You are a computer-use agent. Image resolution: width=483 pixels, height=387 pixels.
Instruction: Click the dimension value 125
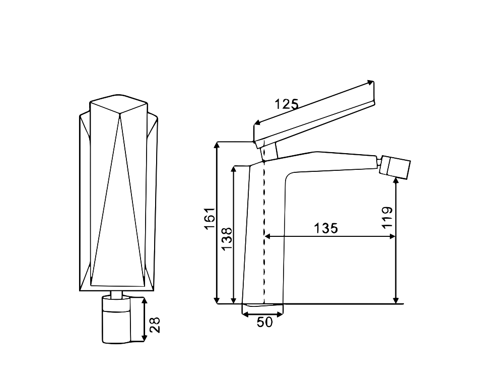pos(287,104)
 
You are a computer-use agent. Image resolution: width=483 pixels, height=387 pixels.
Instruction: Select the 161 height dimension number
pos(210,219)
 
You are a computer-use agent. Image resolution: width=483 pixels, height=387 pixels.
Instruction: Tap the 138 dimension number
pos(227,239)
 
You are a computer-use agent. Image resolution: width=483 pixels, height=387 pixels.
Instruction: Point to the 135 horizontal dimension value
pos(326,228)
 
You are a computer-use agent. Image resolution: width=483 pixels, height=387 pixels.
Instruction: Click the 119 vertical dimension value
pos(387,218)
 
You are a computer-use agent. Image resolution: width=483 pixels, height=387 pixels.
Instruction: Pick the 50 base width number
pos(265,322)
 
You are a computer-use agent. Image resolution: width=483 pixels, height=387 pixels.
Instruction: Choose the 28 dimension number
pos(155,325)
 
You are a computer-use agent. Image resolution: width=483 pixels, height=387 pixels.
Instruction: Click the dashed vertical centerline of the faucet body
pos(264,232)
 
